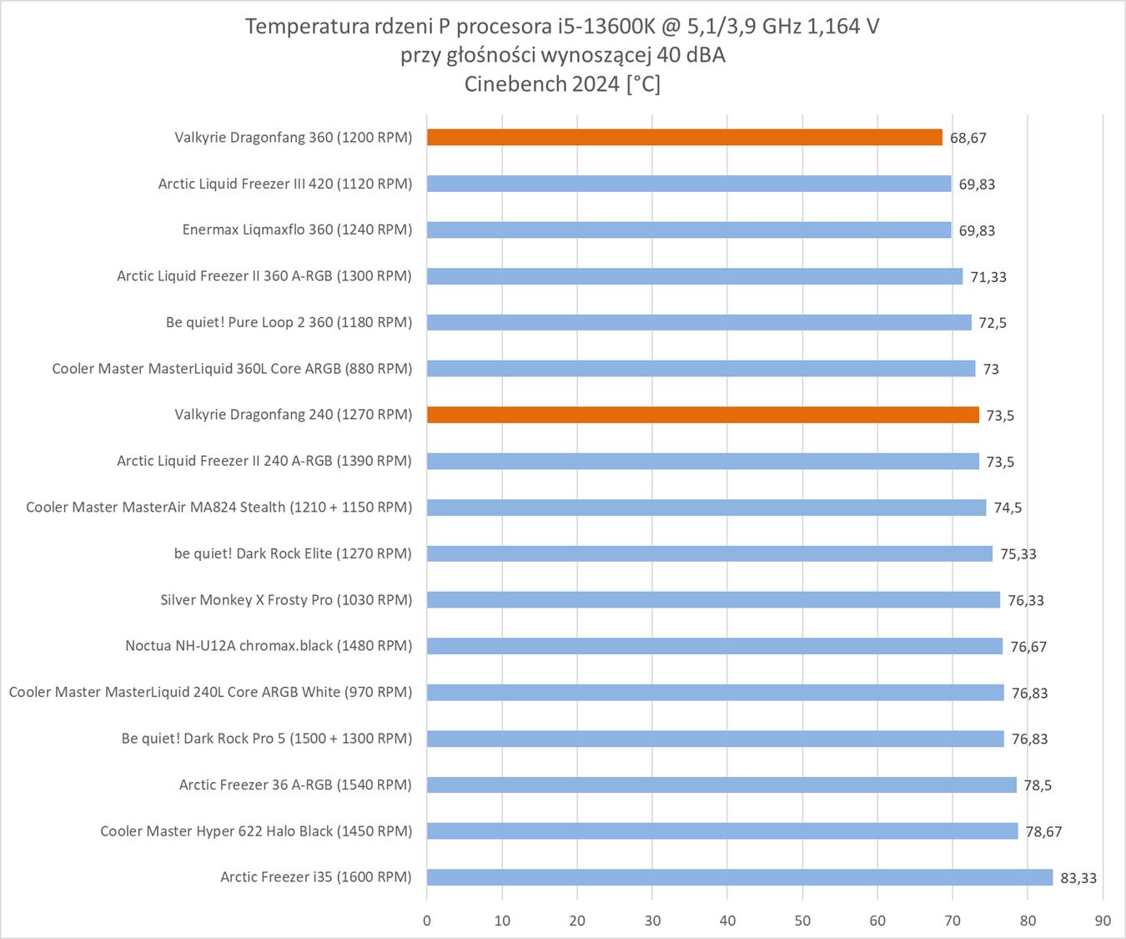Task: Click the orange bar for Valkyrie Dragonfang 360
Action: (684, 138)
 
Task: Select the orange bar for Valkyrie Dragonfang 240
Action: (702, 415)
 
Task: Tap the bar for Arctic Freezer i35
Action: (739, 877)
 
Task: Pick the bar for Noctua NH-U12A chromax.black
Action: (714, 646)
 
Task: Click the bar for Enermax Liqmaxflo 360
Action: (688, 230)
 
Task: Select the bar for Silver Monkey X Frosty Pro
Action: (713, 600)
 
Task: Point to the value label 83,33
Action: (1078, 878)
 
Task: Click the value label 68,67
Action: (968, 139)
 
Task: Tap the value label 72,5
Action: (993, 323)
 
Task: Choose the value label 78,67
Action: (1043, 831)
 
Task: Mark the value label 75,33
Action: (1018, 554)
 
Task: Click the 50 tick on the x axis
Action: (802, 921)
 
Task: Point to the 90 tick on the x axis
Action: (1103, 921)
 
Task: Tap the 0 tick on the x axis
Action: (427, 921)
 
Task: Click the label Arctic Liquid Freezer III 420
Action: (284, 184)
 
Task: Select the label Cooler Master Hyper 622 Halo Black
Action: (256, 831)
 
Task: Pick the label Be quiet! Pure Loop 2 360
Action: (289, 322)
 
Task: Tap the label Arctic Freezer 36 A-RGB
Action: (295, 785)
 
